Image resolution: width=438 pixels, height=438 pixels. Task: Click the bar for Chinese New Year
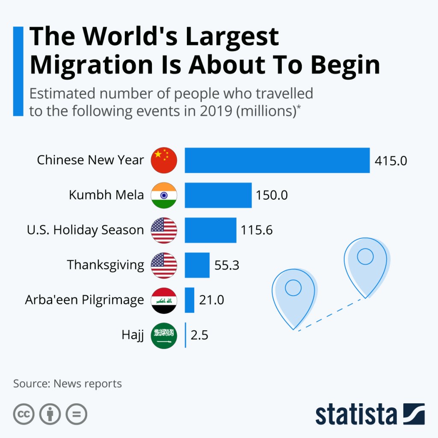click(277, 160)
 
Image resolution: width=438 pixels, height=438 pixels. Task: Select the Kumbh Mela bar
click(218, 195)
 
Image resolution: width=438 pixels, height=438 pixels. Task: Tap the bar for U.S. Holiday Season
click(210, 230)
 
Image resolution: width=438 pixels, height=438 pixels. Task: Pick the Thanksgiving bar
click(197, 265)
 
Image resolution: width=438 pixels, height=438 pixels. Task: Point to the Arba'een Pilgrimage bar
click(189, 300)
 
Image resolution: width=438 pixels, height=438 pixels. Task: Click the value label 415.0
click(391, 161)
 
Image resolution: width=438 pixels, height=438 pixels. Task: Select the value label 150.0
click(272, 195)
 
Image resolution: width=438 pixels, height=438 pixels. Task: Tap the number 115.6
click(256, 231)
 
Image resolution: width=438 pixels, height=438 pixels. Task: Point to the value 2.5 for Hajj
click(199, 335)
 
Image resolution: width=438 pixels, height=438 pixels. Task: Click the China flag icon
click(164, 160)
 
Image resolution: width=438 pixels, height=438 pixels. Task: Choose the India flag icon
click(164, 195)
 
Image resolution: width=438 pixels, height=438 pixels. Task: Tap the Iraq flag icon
click(164, 300)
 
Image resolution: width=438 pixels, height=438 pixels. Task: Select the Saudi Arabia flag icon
click(164, 335)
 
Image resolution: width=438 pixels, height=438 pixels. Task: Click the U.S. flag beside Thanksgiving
click(164, 265)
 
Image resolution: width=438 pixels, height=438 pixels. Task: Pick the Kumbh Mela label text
click(106, 195)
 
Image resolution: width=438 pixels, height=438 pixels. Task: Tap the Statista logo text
click(356, 414)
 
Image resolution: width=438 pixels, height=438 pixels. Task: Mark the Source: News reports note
click(67, 383)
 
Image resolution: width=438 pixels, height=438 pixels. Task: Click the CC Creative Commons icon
click(24, 414)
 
